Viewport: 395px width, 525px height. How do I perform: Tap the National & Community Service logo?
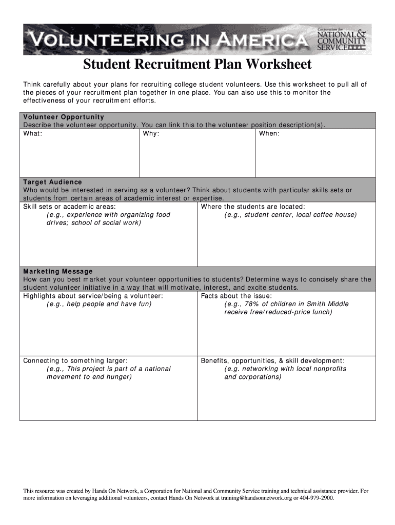tap(342, 39)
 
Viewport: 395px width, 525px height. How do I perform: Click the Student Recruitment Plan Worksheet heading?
tap(197, 65)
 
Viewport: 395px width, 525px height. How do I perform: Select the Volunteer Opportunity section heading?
tap(64, 117)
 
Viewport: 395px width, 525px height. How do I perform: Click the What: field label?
tap(33, 133)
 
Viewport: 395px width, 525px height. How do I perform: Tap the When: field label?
tap(269, 133)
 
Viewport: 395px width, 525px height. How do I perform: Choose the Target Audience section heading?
tap(53, 182)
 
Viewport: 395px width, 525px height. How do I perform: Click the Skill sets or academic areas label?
tap(69, 207)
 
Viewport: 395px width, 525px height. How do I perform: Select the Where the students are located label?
tap(253, 207)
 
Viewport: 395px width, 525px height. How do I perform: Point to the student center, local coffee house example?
tap(290, 215)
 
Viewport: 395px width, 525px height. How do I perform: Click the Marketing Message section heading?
tap(58, 271)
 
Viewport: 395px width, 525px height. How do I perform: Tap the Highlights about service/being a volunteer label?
tap(93, 296)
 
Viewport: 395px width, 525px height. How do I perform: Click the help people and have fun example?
tap(99, 304)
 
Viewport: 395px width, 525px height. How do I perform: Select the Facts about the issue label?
tap(236, 296)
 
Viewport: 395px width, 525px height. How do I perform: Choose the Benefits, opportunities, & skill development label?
tap(272, 360)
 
